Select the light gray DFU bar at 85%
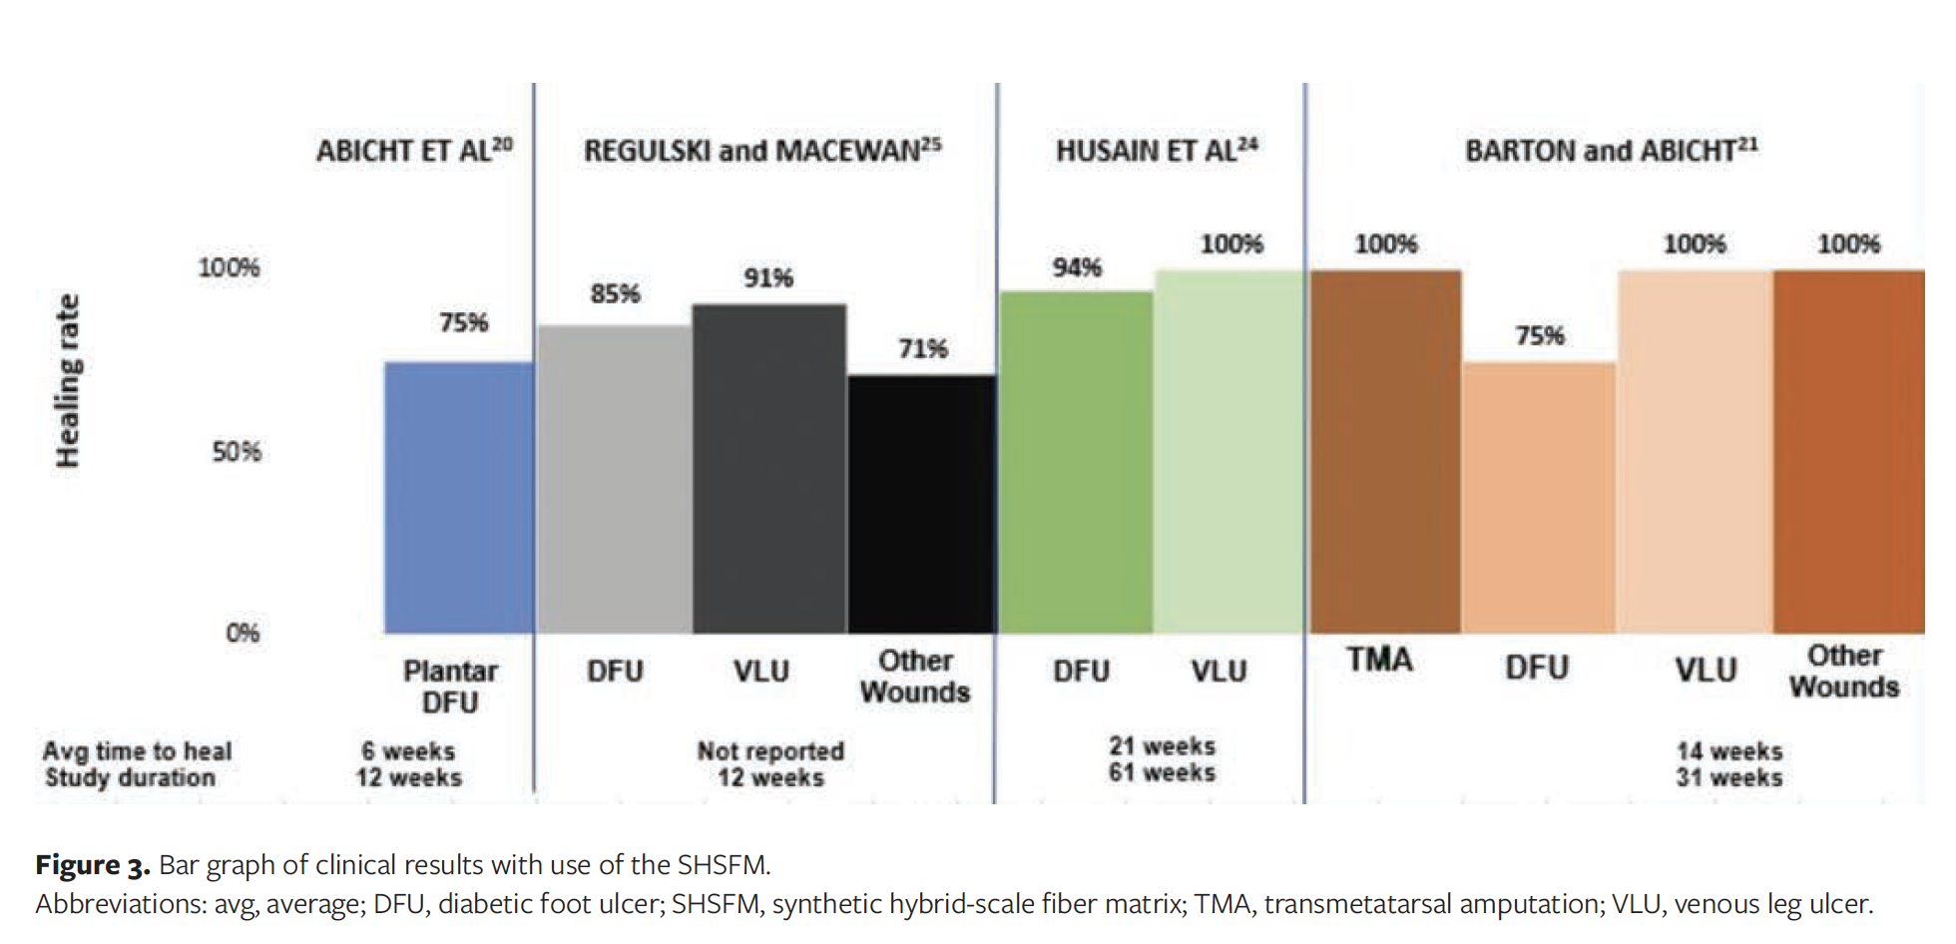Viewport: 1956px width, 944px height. [615, 479]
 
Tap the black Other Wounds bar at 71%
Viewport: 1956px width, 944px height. [922, 504]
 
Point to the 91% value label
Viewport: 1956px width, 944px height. [767, 278]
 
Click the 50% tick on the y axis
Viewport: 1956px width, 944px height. [237, 452]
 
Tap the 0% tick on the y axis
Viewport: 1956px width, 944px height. [243, 633]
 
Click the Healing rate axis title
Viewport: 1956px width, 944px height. [67, 381]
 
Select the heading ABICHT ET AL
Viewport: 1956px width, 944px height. [413, 151]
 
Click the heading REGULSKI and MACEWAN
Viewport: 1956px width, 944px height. [761, 151]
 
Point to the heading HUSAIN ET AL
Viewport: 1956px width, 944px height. [1156, 151]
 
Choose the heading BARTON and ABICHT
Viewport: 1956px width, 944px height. [1610, 151]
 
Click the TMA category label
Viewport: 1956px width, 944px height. [1379, 660]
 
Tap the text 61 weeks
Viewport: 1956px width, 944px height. [1162, 772]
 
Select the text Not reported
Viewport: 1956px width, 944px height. [770, 750]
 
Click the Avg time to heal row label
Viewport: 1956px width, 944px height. [137, 750]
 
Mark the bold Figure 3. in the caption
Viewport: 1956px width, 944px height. [92, 864]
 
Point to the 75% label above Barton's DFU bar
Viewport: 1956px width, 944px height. [1539, 336]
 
